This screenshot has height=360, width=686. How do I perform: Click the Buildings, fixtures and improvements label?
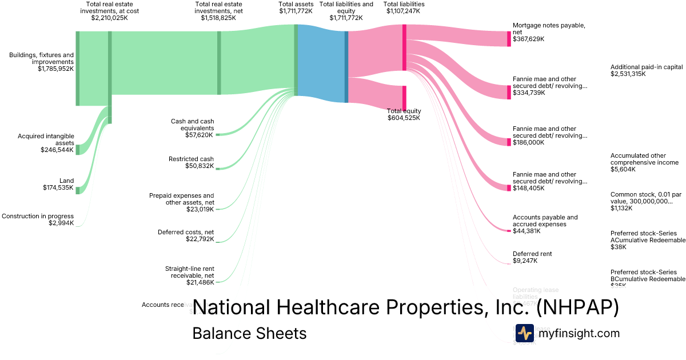(x=41, y=62)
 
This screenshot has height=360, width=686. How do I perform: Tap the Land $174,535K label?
(x=58, y=184)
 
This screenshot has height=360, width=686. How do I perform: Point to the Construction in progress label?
(x=38, y=219)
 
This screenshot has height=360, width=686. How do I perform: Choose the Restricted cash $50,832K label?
(x=191, y=162)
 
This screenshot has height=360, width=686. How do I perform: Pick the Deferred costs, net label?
(x=186, y=235)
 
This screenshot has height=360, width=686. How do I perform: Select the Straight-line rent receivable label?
(x=189, y=275)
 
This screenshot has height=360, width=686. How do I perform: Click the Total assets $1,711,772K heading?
(x=296, y=7)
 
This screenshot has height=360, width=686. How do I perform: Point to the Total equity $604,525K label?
(x=404, y=114)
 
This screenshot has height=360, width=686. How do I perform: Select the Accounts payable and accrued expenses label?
(x=545, y=224)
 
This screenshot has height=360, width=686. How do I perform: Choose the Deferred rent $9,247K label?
(x=532, y=257)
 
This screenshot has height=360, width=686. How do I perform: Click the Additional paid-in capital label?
(x=647, y=70)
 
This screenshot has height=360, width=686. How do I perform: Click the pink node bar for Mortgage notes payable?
(x=509, y=39)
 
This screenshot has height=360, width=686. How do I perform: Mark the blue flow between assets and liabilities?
(x=322, y=63)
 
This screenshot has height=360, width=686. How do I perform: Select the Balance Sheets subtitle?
(x=249, y=333)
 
